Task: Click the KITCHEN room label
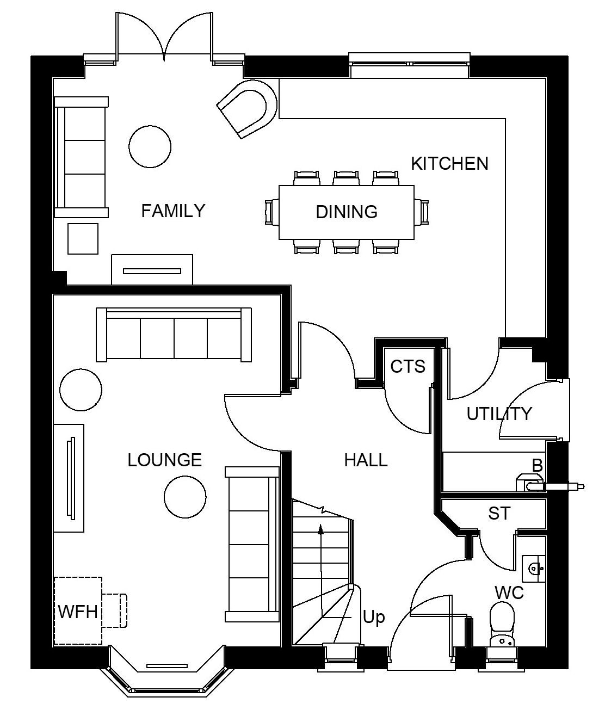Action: (449, 164)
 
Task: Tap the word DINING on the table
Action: (347, 212)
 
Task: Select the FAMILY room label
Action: (173, 211)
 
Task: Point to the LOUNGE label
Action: (164, 460)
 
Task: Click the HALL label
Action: (366, 460)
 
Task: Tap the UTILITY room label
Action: (499, 414)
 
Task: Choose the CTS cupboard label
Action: (408, 367)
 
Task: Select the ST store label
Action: (499, 513)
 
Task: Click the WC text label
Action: (509, 593)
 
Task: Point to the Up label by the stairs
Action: (374, 618)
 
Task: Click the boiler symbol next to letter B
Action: (530, 482)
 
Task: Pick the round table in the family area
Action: (150, 146)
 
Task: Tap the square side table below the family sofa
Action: (83, 239)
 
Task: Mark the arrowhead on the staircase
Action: (321, 529)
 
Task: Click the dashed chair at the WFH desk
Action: (114, 610)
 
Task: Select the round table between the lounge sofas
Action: (185, 497)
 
